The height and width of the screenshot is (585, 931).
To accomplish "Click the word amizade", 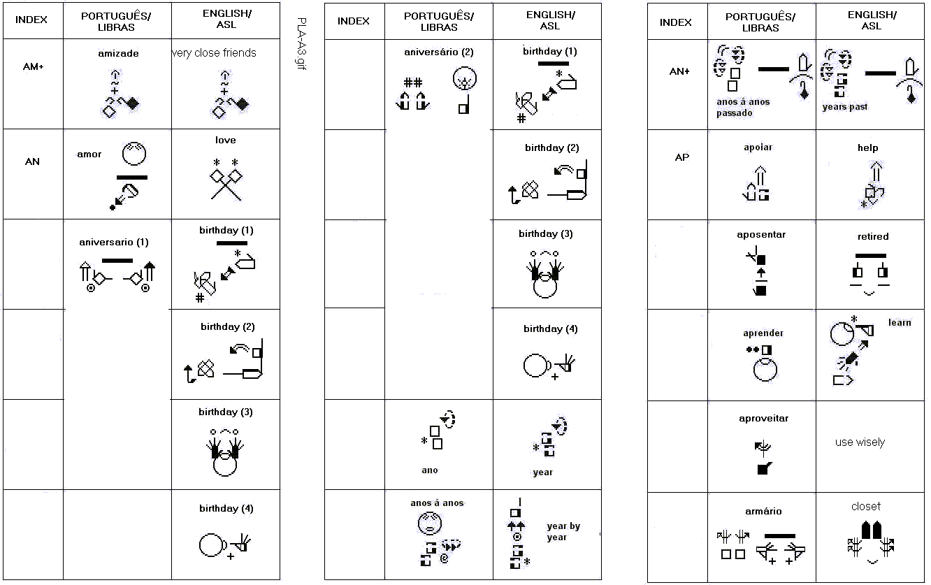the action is coord(118,53).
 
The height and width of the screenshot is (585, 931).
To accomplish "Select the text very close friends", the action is coord(214,53).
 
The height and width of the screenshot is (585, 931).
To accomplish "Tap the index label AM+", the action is coord(34,66).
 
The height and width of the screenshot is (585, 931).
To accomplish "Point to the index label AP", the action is coord(682,157).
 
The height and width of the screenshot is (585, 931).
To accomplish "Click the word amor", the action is coord(89,154).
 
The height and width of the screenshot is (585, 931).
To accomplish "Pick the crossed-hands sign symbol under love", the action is coord(226,180).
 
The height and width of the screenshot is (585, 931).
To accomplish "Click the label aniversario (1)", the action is coord(114,242).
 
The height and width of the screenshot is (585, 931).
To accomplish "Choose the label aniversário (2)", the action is coord(439,52).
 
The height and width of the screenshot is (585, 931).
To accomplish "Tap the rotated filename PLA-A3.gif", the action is coord(302,43).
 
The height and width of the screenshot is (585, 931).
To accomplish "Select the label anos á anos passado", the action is coord(743,107).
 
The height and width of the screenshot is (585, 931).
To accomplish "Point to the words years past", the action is coord(845,107).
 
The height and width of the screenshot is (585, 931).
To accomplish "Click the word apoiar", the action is coord(758,147).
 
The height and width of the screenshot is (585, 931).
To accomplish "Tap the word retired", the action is coord(873,236).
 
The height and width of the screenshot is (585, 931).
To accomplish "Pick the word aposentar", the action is coord(761,235).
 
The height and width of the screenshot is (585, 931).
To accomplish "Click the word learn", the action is coord(900,322).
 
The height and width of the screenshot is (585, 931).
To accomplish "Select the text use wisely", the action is coord(860,442).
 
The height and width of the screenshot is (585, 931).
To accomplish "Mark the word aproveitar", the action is coord(764,419).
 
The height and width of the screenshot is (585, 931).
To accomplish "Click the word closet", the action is coord(866,506).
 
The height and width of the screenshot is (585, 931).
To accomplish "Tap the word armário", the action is coord(763,511).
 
